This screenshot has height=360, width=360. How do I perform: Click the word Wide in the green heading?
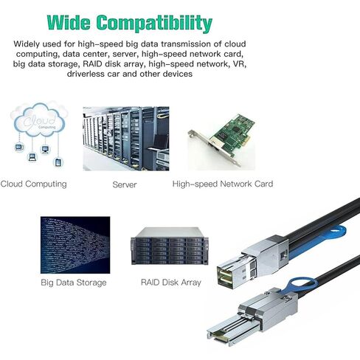point(69,23)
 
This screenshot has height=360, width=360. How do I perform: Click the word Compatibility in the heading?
point(154,24)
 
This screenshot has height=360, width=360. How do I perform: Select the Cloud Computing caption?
point(34,184)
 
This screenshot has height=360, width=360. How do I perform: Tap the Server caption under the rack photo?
point(125,184)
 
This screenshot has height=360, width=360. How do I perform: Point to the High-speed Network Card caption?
point(223,184)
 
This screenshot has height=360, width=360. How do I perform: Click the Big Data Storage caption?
point(74,283)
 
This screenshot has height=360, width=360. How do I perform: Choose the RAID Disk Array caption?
point(171,282)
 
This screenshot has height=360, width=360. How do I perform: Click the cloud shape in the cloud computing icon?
point(39,120)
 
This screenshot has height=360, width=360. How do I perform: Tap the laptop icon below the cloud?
point(32,157)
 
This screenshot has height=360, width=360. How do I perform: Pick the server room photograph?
point(126,139)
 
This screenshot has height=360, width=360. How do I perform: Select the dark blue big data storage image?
point(75,245)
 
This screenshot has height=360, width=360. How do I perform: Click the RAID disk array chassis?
point(170,246)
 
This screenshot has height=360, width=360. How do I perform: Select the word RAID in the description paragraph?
point(93,64)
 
